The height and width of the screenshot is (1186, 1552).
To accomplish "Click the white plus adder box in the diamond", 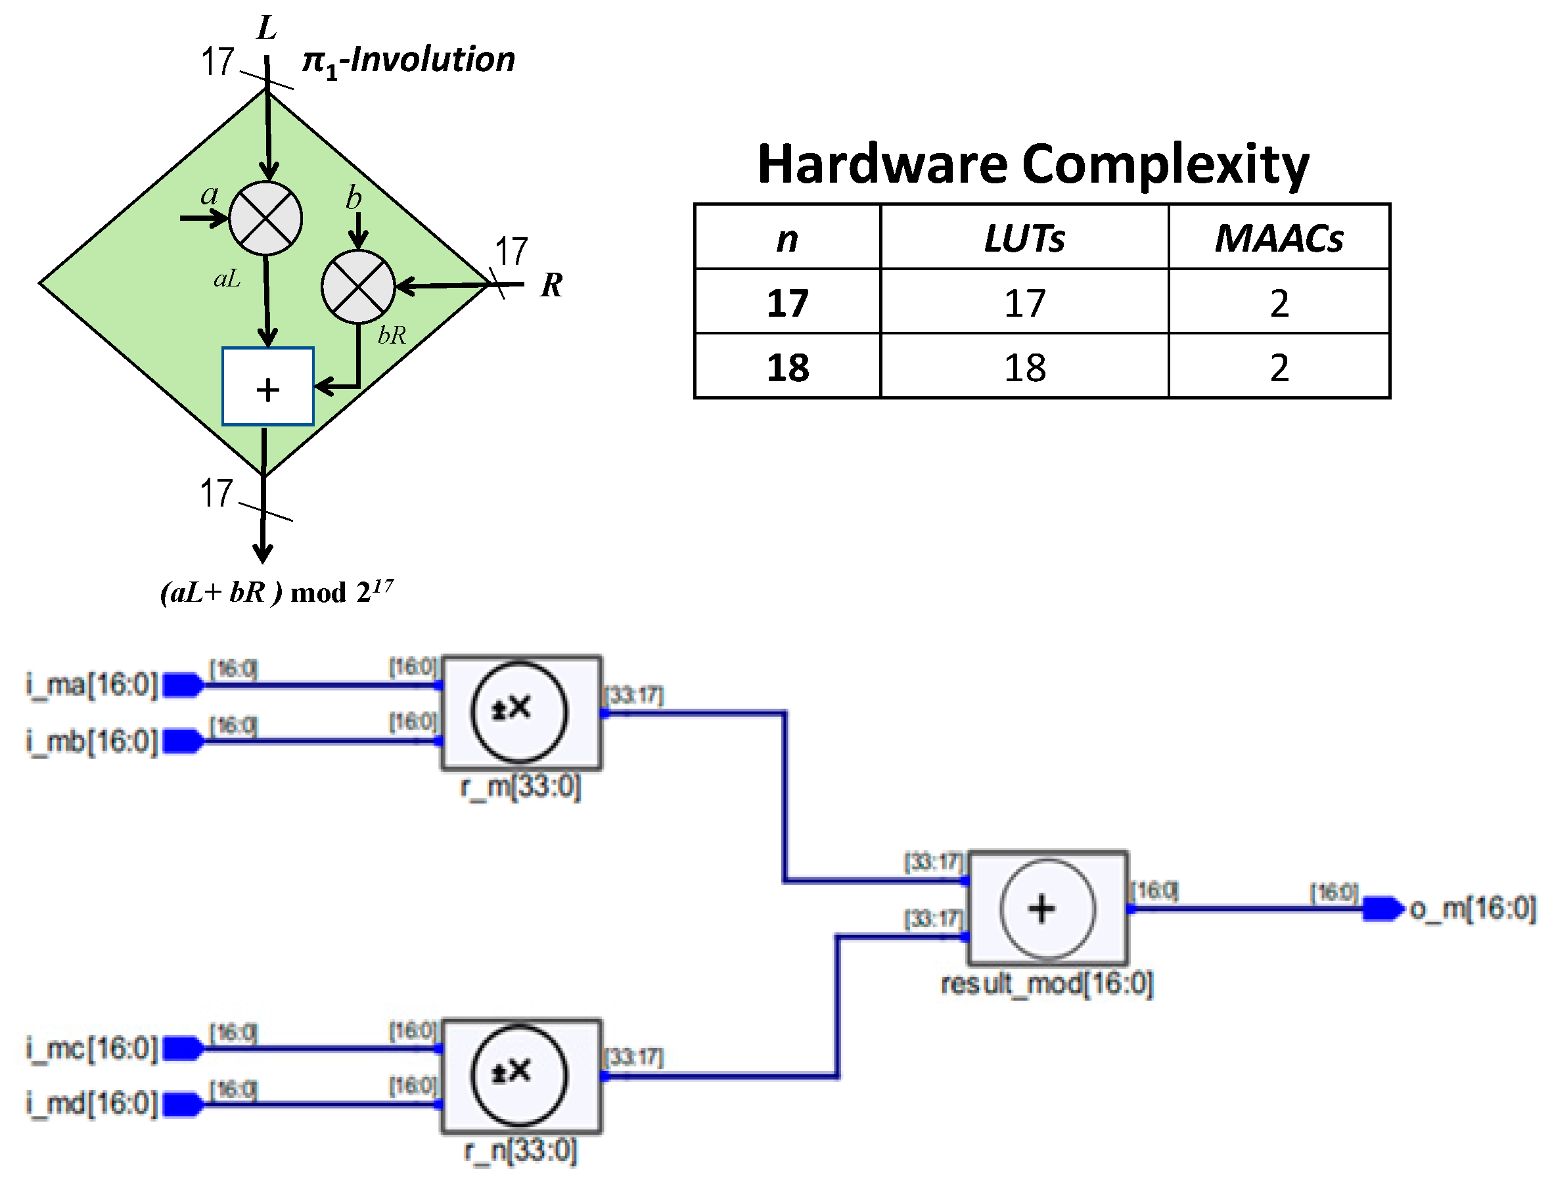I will pyautogui.click(x=267, y=386).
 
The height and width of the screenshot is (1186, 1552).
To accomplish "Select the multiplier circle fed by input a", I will pyautogui.click(x=265, y=218).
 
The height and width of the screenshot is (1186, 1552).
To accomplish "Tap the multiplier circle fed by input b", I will pyautogui.click(x=358, y=286).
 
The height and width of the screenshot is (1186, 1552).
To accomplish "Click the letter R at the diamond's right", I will pyautogui.click(x=551, y=285).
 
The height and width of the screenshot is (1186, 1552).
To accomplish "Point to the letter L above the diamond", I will pyautogui.click(x=267, y=28).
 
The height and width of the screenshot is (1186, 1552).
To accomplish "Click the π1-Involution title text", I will pyautogui.click(x=409, y=60).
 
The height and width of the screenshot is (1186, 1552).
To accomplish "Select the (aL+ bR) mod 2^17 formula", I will pyautogui.click(x=277, y=591).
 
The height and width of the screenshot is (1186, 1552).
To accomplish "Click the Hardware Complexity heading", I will pyautogui.click(x=1032, y=164).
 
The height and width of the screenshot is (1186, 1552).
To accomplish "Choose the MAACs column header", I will pyautogui.click(x=1278, y=239).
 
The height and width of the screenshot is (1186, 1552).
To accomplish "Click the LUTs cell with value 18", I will pyautogui.click(x=1024, y=367).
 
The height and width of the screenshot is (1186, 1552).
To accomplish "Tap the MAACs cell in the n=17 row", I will pyautogui.click(x=1278, y=303).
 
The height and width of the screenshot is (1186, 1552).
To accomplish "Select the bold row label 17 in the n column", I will pyautogui.click(x=787, y=303).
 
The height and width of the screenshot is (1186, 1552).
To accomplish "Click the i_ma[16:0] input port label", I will pyautogui.click(x=92, y=684).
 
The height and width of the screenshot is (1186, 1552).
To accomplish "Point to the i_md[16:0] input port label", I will pyautogui.click(x=92, y=1103).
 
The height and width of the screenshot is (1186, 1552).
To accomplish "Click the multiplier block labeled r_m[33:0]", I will pyautogui.click(x=521, y=712).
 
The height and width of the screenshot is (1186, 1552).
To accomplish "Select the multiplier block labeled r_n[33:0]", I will pyautogui.click(x=521, y=1075).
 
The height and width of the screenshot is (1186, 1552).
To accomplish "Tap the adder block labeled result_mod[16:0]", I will pyautogui.click(x=1047, y=908).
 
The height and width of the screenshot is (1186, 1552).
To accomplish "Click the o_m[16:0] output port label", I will pyautogui.click(x=1472, y=908).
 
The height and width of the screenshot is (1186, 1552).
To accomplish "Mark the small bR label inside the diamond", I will pyautogui.click(x=392, y=334).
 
